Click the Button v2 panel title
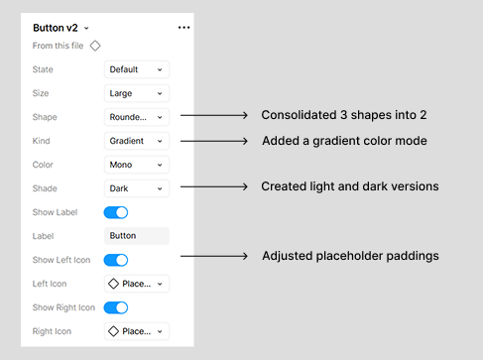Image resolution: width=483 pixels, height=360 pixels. (x=56, y=28)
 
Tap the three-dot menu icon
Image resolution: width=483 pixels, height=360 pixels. (x=183, y=28)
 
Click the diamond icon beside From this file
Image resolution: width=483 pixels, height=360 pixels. (x=95, y=46)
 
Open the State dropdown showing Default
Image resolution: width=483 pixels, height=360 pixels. (x=136, y=69)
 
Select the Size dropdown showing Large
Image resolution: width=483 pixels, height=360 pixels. (x=136, y=93)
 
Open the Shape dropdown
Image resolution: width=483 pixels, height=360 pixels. (x=136, y=117)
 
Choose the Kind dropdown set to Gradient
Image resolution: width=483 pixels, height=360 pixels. (x=136, y=141)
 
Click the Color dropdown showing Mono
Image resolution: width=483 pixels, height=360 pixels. (x=136, y=165)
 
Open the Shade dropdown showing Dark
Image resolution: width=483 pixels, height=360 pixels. (x=136, y=188)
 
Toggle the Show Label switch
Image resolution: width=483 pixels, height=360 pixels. (x=116, y=212)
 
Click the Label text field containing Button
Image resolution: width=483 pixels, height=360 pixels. (x=136, y=236)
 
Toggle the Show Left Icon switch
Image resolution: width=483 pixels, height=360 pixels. (x=116, y=260)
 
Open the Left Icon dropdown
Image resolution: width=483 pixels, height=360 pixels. (x=136, y=284)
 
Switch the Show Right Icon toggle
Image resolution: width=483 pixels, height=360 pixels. (x=116, y=307)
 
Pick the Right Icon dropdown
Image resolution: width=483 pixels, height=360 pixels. (x=136, y=331)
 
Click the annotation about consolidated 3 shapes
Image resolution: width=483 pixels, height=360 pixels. (x=343, y=116)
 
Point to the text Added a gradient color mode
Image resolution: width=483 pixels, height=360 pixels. (x=344, y=141)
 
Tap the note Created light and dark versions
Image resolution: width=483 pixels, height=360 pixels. (x=349, y=186)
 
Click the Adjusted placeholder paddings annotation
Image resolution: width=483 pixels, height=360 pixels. (x=350, y=257)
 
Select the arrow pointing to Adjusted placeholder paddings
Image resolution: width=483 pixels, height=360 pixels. (x=213, y=257)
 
